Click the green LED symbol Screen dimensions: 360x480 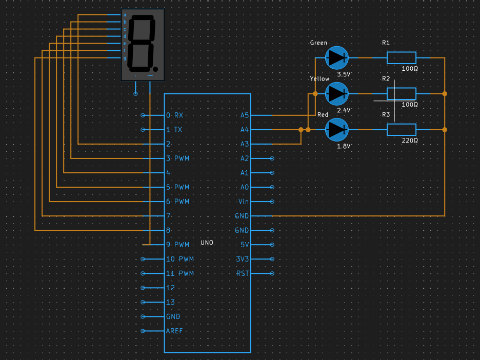[x=337, y=57]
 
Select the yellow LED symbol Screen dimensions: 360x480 [x=337, y=94]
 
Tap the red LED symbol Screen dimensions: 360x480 [x=337, y=130]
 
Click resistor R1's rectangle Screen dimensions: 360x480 [x=401, y=57]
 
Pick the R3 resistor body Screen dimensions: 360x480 [x=401, y=130]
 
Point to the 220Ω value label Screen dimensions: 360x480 [x=410, y=140]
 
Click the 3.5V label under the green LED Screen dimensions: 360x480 [x=344, y=74]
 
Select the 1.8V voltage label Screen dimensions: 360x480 [x=344, y=147]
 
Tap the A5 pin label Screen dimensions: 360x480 [x=244, y=115]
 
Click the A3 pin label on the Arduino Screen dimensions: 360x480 [x=244, y=144]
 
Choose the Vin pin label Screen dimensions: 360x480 [x=244, y=202]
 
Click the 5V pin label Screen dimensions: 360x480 [x=245, y=245]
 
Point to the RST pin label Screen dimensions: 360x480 [x=243, y=273]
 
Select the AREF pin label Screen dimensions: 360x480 [x=174, y=331]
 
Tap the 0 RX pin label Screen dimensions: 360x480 [x=174, y=115]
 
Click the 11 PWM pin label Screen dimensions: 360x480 [x=180, y=273]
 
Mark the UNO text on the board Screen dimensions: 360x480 [x=207, y=243]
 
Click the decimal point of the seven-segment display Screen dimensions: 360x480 [x=156, y=68]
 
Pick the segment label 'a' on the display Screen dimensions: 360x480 [x=125, y=15]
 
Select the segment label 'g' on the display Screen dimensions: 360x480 [x=125, y=58]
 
